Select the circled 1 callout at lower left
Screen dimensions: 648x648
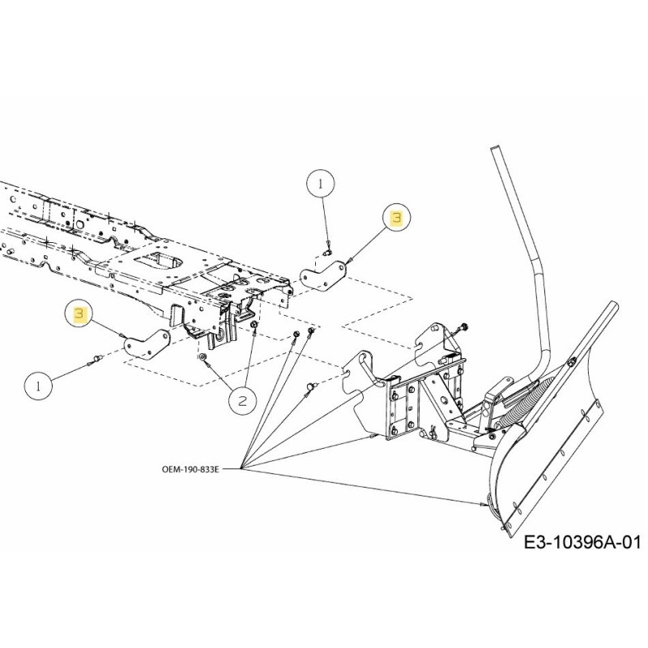[38, 386]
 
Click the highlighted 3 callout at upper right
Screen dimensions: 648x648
[396, 217]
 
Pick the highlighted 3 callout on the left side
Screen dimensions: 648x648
[79, 313]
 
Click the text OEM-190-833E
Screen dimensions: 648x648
[190, 468]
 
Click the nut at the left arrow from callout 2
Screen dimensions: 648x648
[203, 356]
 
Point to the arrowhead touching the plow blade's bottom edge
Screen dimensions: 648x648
[488, 505]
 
